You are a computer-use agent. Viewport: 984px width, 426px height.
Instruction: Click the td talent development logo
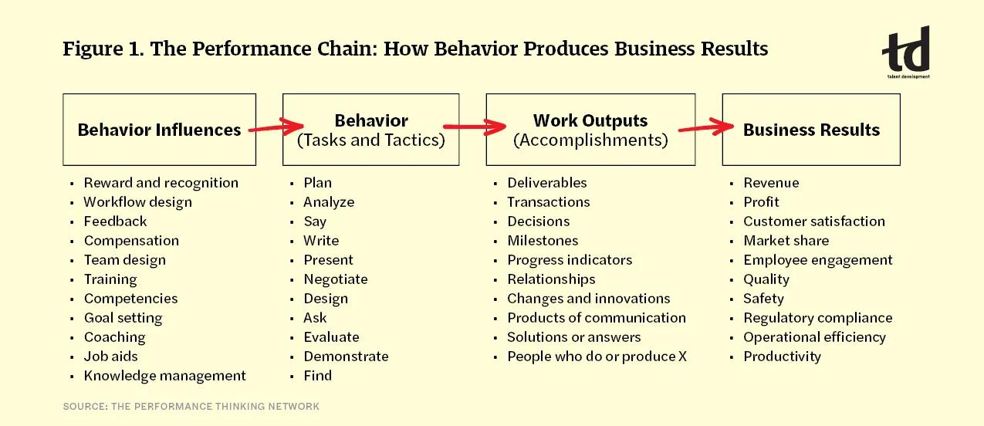[907, 52]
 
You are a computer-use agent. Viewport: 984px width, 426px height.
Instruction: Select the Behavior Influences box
[159, 130]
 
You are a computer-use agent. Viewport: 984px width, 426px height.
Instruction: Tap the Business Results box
[811, 130]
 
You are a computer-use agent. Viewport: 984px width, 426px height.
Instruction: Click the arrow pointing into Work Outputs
[473, 127]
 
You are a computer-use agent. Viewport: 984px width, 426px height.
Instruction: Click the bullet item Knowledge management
[164, 376]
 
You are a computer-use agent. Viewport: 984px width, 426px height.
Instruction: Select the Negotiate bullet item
[335, 279]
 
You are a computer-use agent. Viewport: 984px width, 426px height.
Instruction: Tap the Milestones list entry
[543, 241]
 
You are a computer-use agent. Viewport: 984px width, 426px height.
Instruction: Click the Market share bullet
[786, 241]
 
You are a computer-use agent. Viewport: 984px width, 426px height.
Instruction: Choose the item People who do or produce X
[597, 357]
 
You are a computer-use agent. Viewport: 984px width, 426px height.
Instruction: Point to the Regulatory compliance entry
[817, 318]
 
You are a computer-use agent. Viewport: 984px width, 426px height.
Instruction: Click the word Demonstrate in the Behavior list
[346, 357]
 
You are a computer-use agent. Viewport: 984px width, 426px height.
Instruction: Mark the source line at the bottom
[191, 406]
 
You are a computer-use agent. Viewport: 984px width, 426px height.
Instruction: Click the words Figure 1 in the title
[103, 49]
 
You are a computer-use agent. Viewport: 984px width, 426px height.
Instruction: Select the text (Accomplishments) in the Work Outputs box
[590, 140]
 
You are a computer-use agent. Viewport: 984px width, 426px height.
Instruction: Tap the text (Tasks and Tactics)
[371, 140]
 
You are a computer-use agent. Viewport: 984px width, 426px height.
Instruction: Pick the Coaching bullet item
[114, 337]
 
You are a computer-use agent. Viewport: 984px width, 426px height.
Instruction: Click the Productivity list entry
[782, 357]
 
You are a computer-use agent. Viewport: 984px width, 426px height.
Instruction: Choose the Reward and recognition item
[161, 183]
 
